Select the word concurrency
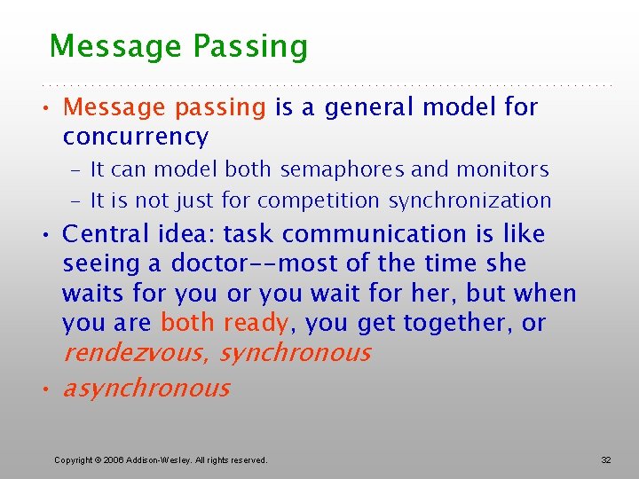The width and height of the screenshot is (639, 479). (136, 137)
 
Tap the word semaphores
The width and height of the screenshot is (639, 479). (334, 169)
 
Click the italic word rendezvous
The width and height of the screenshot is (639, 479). (135, 353)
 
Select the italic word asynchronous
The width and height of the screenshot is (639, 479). (146, 389)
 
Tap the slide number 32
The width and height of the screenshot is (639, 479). (606, 459)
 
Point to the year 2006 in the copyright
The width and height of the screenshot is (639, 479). (115, 460)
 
